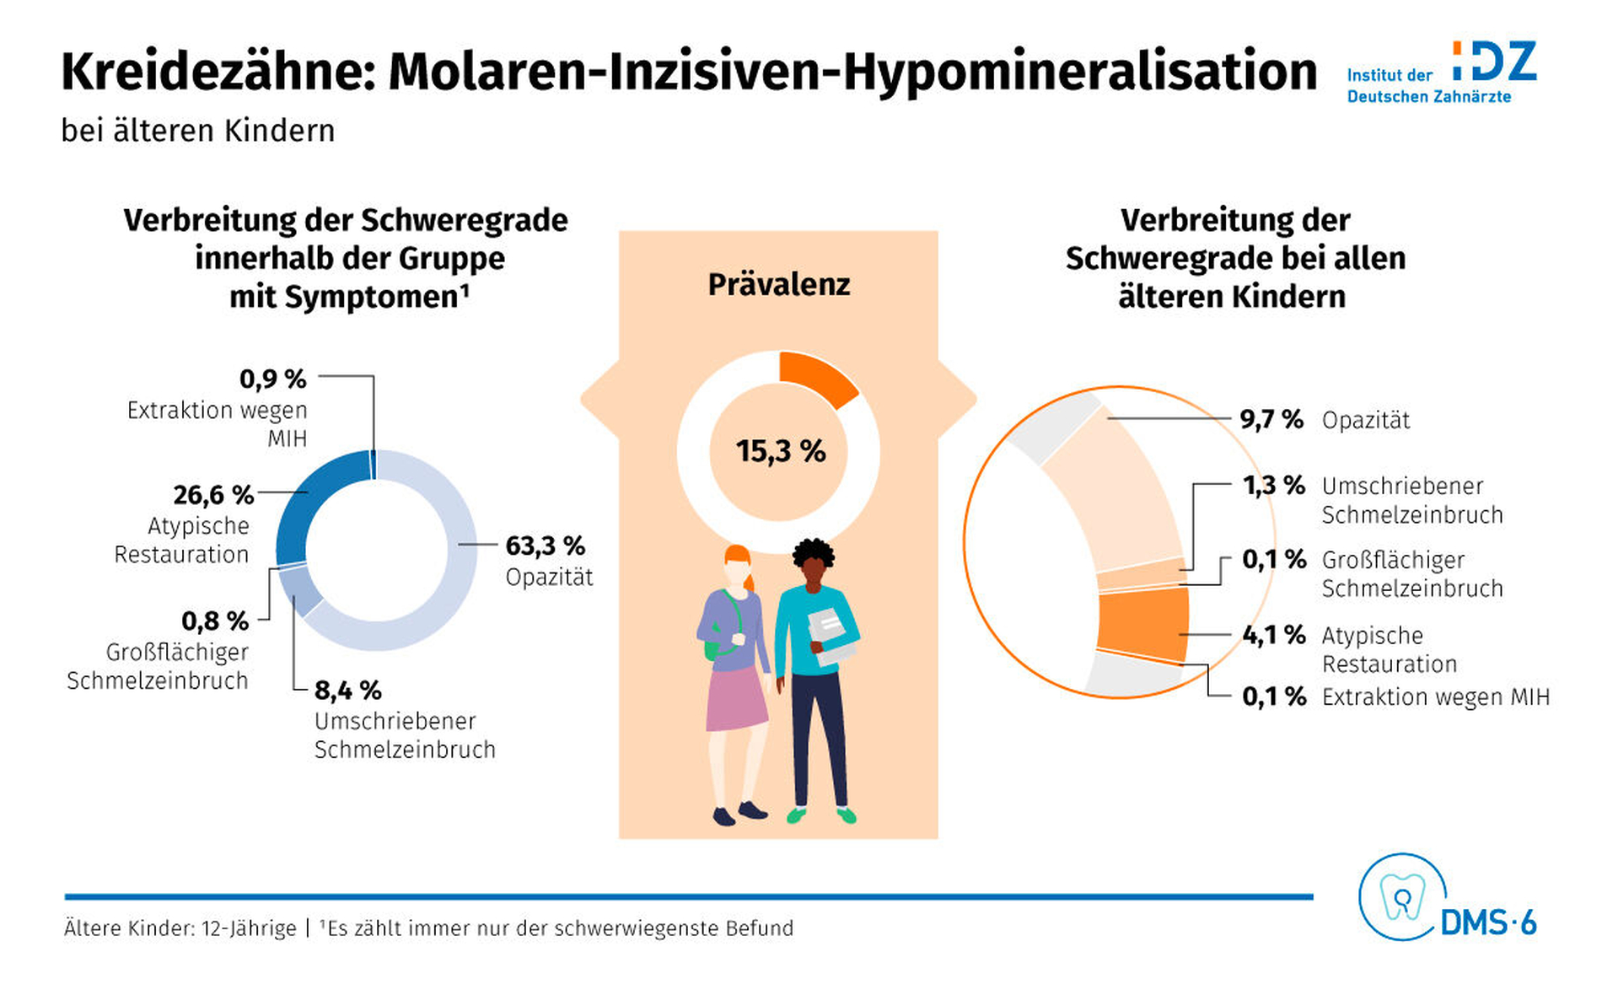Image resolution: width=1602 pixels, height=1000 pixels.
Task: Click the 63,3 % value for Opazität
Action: [545, 546]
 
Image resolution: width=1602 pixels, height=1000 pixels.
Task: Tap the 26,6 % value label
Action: [213, 495]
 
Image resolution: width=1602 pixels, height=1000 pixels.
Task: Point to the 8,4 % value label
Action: [347, 691]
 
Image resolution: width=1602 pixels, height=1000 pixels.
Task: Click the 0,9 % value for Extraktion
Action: [272, 379]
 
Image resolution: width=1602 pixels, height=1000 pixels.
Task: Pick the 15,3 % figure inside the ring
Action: [780, 452]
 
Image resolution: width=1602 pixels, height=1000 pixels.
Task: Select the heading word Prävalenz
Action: [778, 285]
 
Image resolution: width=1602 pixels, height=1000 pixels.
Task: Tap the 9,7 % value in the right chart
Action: [1271, 420]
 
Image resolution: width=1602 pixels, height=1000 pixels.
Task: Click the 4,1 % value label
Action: [1273, 635]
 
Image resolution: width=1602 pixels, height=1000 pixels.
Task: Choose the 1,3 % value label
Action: [1273, 486]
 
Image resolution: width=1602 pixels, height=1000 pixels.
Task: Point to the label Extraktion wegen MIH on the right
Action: [1435, 697]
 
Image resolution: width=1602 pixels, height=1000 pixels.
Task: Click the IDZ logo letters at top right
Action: [1494, 62]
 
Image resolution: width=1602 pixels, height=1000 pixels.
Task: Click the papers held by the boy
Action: [831, 636]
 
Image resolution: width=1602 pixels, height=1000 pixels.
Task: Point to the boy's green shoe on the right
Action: [846, 815]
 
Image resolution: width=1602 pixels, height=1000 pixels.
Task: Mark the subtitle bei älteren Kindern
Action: [198, 132]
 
